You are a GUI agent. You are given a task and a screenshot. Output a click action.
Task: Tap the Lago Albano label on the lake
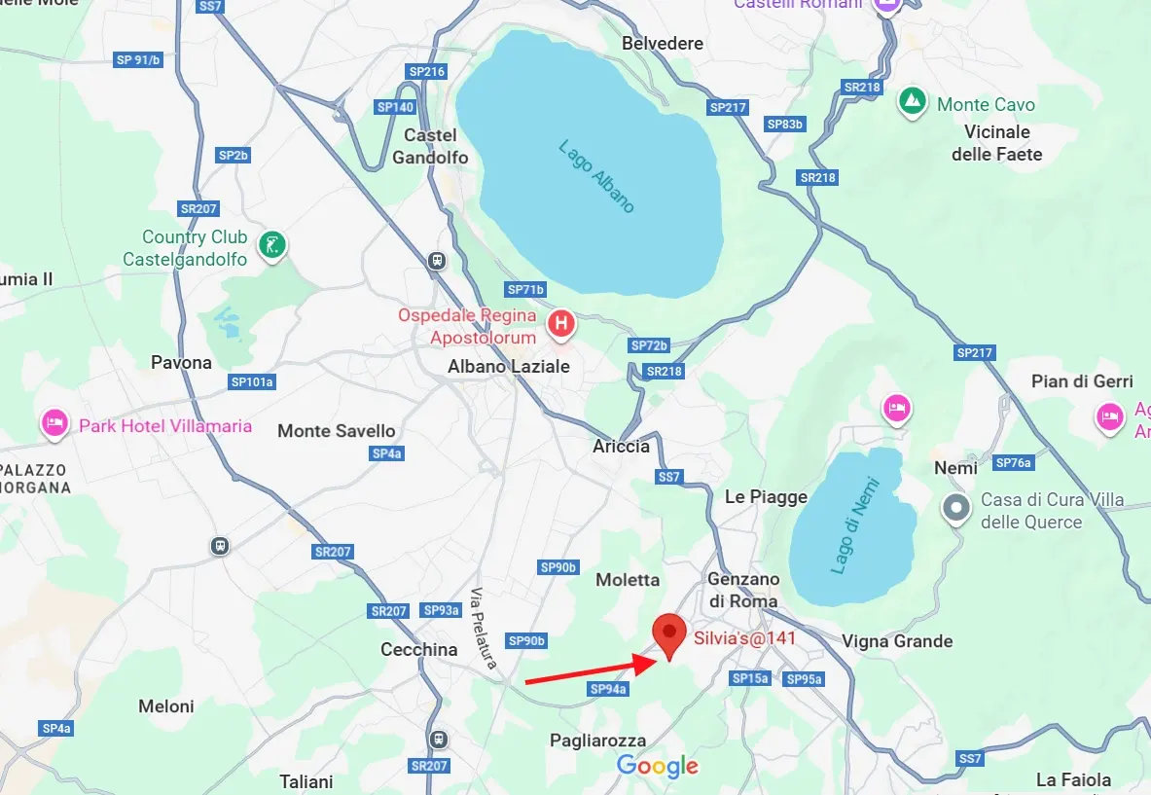tap(596, 176)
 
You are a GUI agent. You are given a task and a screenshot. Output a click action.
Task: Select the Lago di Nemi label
tap(856, 525)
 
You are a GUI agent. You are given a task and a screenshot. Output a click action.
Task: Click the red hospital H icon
tap(560, 324)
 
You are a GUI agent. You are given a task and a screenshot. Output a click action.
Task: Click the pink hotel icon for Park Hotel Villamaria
tap(54, 423)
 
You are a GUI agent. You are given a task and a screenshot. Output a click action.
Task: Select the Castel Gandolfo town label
tap(430, 146)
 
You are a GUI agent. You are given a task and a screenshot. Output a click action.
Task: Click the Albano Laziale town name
tap(508, 367)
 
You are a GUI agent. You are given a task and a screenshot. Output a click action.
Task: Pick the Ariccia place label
tap(621, 446)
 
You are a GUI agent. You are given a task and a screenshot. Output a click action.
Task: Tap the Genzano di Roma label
tap(742, 590)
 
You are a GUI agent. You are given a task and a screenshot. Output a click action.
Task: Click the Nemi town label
tap(955, 468)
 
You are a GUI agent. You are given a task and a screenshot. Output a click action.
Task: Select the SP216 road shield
tap(426, 72)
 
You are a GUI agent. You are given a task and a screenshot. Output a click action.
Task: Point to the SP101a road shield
tap(252, 382)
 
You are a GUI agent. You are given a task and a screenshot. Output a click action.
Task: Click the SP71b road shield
tap(526, 290)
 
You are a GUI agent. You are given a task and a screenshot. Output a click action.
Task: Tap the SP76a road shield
tap(1013, 462)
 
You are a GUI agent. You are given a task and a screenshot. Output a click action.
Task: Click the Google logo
tap(658, 766)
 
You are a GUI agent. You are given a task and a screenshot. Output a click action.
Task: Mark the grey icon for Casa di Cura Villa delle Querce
tap(957, 508)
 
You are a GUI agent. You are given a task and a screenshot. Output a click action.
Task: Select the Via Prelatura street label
tap(483, 629)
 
